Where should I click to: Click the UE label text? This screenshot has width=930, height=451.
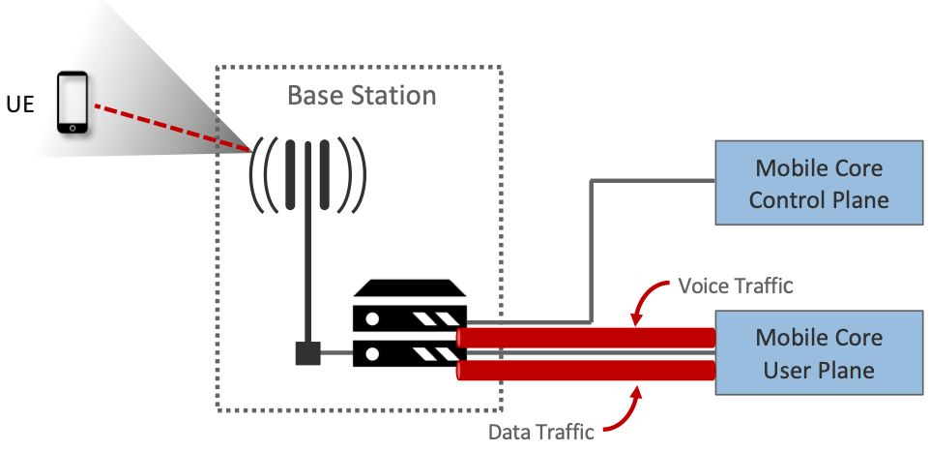[20, 104]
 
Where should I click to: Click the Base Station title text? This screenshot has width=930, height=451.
[362, 96]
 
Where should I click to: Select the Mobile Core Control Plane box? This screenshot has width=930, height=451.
[819, 184]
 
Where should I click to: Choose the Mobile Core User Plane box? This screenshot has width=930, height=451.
[819, 353]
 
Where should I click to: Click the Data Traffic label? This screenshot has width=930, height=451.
[540, 432]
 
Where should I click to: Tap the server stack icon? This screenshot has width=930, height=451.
[410, 323]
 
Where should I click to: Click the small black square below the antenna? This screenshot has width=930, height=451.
[307, 353]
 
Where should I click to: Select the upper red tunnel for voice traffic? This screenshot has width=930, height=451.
[586, 337]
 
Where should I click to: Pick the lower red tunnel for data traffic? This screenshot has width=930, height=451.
[586, 371]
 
